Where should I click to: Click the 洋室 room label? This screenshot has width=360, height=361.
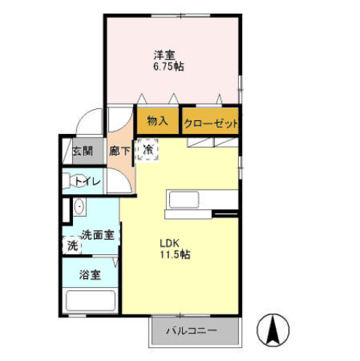(x=165, y=54)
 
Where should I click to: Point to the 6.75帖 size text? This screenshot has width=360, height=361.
(x=168, y=66)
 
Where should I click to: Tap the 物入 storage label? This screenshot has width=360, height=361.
(x=156, y=121)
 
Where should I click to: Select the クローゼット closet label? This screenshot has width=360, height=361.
(x=210, y=123)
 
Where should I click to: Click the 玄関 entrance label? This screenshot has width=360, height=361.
(x=83, y=150)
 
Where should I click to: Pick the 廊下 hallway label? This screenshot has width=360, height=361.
(x=120, y=150)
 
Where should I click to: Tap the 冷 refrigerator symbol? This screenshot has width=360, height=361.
(x=148, y=150)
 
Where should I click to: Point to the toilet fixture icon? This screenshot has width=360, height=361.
(x=68, y=180)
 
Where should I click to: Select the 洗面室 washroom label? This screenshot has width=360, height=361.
(x=98, y=235)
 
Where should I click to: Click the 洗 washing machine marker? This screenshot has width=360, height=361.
(x=72, y=245)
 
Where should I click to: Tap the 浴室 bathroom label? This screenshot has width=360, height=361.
(x=91, y=275)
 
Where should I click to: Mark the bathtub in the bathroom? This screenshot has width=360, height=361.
(x=90, y=301)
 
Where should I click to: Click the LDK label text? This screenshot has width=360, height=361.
(x=168, y=244)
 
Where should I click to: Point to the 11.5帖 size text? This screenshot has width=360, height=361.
(x=174, y=255)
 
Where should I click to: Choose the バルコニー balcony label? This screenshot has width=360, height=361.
(x=192, y=330)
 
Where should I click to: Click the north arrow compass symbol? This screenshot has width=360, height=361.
(x=274, y=329)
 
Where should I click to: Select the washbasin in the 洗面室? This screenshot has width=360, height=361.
(x=79, y=207)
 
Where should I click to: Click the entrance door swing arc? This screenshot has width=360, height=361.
(x=92, y=120)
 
